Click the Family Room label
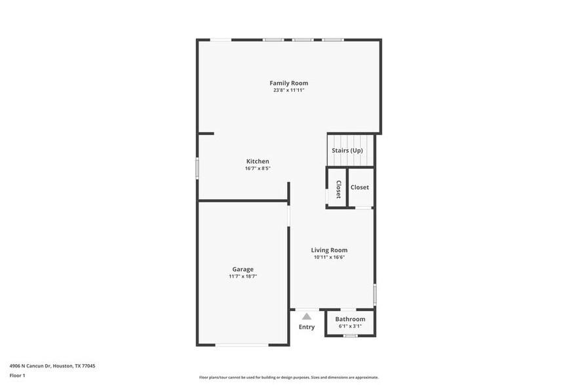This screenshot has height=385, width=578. tap(289, 83)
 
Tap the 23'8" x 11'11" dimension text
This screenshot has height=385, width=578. tap(289, 90)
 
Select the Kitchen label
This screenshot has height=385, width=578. tap(258, 161)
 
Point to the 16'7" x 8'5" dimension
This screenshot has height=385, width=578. tap(258, 168)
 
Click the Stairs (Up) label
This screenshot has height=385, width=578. tap(347, 151)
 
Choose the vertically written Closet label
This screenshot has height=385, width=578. tap(338, 189)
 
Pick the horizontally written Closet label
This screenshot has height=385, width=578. tap(360, 187)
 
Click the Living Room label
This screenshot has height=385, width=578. tap(329, 250)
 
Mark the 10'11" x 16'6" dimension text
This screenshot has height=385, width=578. tap(329, 257)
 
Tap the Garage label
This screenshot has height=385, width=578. tap(242, 269)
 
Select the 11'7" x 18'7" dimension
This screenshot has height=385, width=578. tap(242, 276)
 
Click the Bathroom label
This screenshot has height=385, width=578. tap(350, 319)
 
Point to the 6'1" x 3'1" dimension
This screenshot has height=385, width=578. tap(350, 326)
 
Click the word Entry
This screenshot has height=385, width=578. tap(307, 327)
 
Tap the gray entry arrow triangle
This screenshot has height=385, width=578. tap(307, 316)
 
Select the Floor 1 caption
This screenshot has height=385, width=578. tap(18, 375)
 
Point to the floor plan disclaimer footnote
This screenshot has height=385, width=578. tap(289, 377)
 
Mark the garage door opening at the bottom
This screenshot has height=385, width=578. tap(242, 344)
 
